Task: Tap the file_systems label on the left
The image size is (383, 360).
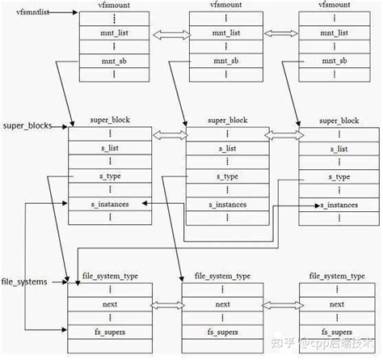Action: (23, 281)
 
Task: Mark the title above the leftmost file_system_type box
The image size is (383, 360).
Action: (109, 276)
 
